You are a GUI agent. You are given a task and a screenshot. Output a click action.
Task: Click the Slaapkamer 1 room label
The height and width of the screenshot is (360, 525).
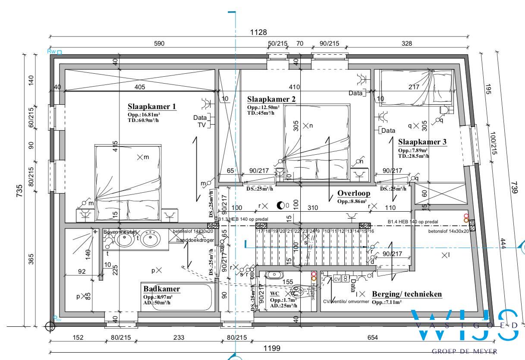tap(152, 106)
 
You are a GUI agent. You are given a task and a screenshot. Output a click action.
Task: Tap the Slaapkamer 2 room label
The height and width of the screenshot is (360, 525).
tap(271, 99)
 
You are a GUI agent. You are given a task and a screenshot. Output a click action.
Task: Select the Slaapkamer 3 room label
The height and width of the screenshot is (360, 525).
tap(422, 142)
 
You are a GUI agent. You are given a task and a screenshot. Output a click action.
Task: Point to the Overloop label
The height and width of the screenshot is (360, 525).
tap(354, 194)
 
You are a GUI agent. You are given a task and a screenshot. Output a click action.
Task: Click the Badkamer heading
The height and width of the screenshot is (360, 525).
tap(162, 289)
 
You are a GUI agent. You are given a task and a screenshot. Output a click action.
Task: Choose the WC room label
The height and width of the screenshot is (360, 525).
tap(274, 293)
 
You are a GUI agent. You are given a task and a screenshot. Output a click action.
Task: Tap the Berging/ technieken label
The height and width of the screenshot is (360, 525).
tap(407, 294)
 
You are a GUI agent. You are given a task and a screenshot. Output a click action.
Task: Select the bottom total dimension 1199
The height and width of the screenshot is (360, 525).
tap(272, 348)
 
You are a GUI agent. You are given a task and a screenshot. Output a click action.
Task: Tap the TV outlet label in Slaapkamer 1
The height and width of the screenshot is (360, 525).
tap(201, 125)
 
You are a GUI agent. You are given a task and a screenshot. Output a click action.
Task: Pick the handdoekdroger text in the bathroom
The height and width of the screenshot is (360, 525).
tap(195, 240)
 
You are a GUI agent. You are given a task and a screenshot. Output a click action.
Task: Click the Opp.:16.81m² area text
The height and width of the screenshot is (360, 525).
tap(143, 115)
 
